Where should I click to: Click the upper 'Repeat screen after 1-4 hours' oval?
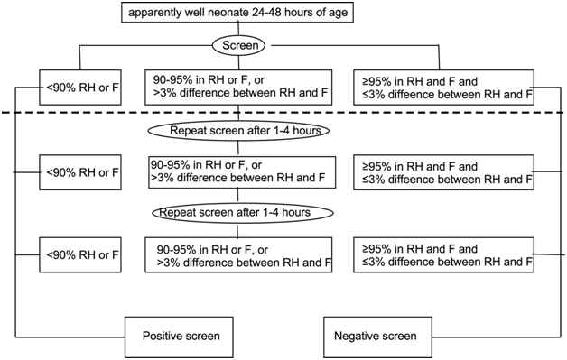click(x=237, y=131)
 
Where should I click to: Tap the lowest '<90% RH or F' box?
click(x=79, y=254)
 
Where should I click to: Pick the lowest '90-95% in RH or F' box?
click(x=237, y=255)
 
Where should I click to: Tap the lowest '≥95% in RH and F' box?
click(x=444, y=255)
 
